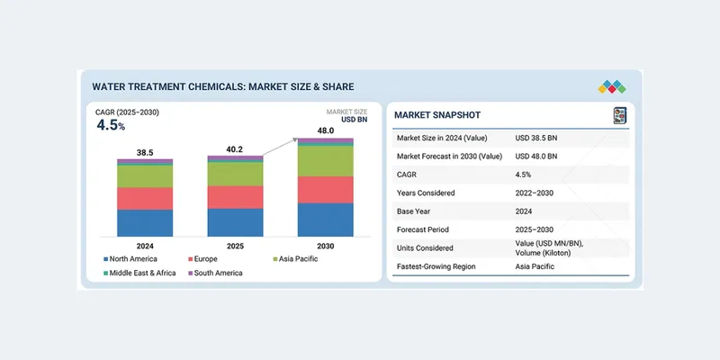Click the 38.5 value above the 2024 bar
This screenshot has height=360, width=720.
point(145,153)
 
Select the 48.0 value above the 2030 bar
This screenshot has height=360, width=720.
point(326,130)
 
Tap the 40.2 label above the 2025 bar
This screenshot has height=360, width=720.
point(235,148)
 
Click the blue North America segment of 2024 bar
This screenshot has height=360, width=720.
point(145,222)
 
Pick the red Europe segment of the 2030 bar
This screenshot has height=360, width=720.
point(326,189)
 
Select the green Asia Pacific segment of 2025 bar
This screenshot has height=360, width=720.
point(235,174)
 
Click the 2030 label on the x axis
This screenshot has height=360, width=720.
point(326,245)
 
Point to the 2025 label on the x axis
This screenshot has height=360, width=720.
point(235,245)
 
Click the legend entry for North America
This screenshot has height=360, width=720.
point(132,259)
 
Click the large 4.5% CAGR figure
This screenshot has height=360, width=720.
point(112,125)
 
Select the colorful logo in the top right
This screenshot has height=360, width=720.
point(611,87)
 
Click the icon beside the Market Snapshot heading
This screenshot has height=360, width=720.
point(619,115)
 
